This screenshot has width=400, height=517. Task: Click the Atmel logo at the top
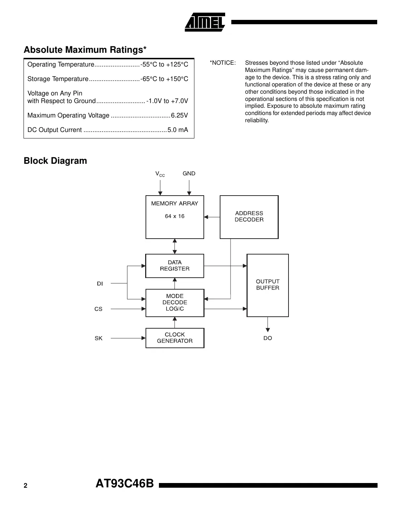(205, 22)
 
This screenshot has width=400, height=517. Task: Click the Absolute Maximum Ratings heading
(85, 50)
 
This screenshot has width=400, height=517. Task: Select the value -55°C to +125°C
(164, 65)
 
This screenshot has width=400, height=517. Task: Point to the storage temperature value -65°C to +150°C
(164, 79)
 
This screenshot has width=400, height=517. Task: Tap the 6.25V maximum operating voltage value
(179, 116)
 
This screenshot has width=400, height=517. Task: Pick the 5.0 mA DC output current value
(177, 130)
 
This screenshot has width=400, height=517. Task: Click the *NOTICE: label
(222, 63)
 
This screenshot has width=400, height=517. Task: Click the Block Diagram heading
(55, 161)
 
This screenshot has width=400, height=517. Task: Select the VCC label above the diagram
(160, 174)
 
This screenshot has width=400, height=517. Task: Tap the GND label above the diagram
(189, 174)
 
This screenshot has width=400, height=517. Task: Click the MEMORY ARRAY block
(175, 217)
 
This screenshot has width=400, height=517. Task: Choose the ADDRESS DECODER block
(249, 217)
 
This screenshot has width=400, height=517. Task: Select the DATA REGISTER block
(175, 266)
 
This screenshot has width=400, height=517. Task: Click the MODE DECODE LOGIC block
(175, 303)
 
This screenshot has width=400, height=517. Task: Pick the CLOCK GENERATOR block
(175, 338)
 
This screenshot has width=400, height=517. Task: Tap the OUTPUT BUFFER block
(268, 285)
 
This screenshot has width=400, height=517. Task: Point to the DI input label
(100, 284)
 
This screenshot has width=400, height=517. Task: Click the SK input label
(98, 338)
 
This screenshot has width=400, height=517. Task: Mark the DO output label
(268, 338)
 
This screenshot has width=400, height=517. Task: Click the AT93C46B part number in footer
(125, 484)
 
